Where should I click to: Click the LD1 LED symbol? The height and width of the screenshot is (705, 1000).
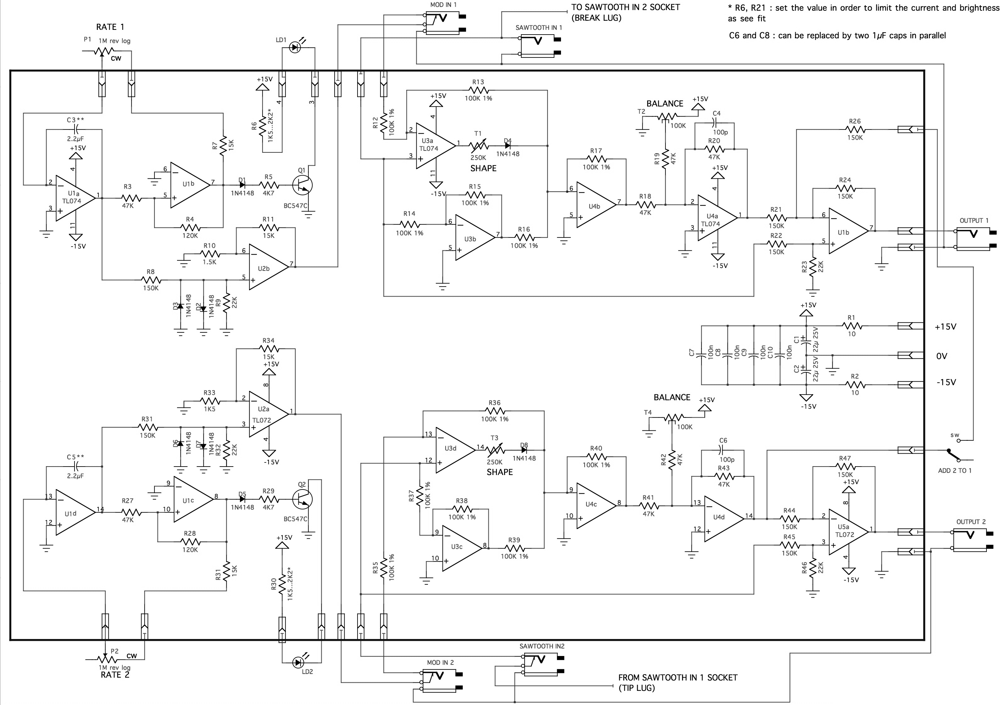click(x=295, y=47)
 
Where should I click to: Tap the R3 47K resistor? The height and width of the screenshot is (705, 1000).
click(x=131, y=199)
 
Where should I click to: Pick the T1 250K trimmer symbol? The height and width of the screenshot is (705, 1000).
click(x=478, y=146)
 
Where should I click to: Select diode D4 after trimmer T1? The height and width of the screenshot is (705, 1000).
click(x=508, y=146)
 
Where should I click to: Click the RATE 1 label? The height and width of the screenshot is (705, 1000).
click(x=110, y=27)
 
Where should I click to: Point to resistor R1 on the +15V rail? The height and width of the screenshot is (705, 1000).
click(x=852, y=326)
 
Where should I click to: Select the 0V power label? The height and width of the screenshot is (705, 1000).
click(x=942, y=356)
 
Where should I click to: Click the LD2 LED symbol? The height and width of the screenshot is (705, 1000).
click(x=298, y=662)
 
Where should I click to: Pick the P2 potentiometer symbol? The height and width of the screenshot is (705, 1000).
click(x=104, y=659)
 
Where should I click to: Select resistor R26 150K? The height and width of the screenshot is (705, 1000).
click(x=855, y=129)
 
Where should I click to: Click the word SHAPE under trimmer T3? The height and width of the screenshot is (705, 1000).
click(x=500, y=472)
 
